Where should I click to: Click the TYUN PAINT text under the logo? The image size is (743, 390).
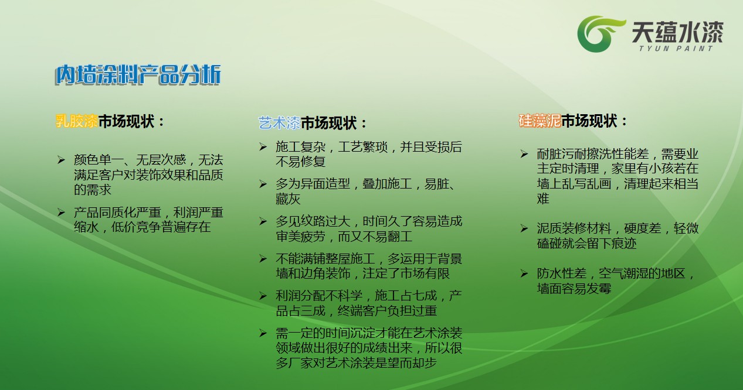click(x=676, y=49)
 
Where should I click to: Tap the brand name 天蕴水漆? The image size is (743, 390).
click(x=677, y=32)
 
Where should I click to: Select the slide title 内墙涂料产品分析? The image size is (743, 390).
click(x=138, y=74)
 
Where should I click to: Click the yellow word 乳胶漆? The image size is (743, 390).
click(x=77, y=121)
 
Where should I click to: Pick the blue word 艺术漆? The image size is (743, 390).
click(x=279, y=123)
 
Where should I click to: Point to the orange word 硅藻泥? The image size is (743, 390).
click(x=540, y=121)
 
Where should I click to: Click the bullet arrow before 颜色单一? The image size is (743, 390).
click(x=61, y=160)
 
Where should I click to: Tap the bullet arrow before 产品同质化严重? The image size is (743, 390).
click(x=61, y=213)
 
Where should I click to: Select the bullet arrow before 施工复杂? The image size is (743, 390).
click(x=263, y=147)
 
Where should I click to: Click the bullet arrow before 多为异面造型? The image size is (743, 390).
click(x=263, y=184)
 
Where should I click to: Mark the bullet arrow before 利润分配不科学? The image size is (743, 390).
click(x=263, y=296)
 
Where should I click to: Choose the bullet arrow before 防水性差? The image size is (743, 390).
click(x=524, y=273)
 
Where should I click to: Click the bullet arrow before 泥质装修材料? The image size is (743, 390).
click(x=524, y=228)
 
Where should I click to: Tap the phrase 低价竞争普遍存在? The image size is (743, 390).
click(x=161, y=227)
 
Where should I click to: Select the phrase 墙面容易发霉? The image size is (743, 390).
click(x=574, y=289)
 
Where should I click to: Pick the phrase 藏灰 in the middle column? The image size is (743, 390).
click(x=288, y=199)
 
